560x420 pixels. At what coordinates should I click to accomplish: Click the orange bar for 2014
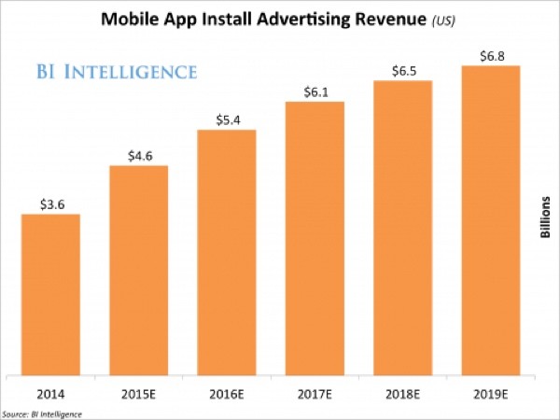50,295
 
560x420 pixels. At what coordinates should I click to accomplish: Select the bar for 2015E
138,271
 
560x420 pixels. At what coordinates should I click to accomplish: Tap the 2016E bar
226,252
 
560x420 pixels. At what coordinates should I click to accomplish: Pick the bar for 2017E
314,237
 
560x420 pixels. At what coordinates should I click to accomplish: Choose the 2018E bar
402,228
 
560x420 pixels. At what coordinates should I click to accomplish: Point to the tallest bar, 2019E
490,220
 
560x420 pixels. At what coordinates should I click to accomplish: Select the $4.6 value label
138,156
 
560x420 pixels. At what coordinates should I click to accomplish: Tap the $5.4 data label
226,119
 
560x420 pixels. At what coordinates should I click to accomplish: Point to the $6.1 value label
314,90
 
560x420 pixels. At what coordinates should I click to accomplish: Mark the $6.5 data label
402,70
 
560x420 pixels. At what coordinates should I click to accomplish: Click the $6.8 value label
490,55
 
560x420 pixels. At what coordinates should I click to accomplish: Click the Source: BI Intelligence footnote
42,413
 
